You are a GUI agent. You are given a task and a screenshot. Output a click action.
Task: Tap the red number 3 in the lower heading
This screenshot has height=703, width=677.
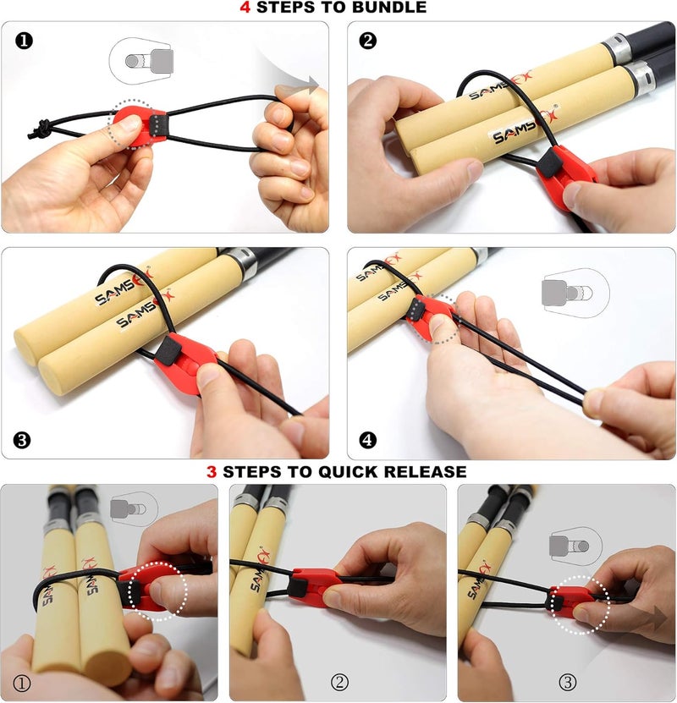212,471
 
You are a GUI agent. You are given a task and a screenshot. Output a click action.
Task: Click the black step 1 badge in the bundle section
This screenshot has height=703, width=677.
25,41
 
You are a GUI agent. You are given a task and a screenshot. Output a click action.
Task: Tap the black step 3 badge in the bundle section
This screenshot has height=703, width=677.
23,440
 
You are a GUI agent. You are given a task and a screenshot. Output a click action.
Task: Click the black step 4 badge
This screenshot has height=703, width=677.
368,440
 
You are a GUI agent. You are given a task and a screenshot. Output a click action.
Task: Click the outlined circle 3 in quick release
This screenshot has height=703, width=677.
568,681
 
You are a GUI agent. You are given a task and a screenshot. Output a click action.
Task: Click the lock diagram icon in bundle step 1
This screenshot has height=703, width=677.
140,60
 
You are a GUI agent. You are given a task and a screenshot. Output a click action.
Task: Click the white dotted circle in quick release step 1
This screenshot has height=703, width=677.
160,590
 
